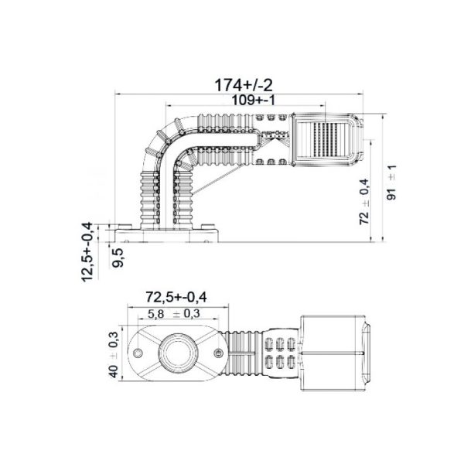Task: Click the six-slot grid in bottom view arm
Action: (278, 352)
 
